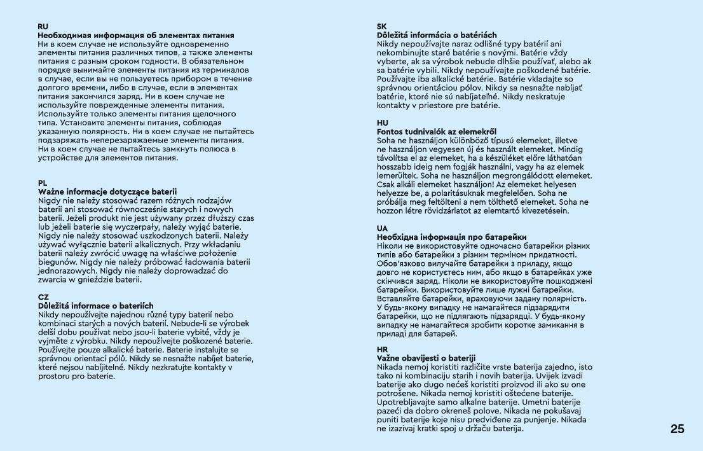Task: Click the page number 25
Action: click(x=677, y=429)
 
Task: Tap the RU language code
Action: click(x=43, y=27)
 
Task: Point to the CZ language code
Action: click(x=43, y=297)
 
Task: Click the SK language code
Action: click(x=382, y=27)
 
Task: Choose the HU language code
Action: click(x=383, y=123)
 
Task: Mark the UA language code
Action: click(x=383, y=228)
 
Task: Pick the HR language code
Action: click(x=383, y=350)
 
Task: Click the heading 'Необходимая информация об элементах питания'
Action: click(x=136, y=35)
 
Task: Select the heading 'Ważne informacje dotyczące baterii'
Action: click(x=107, y=191)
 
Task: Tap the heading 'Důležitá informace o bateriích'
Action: click(x=95, y=306)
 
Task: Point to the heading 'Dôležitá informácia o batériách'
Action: click(x=437, y=35)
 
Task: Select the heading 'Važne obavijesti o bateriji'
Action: click(x=426, y=358)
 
